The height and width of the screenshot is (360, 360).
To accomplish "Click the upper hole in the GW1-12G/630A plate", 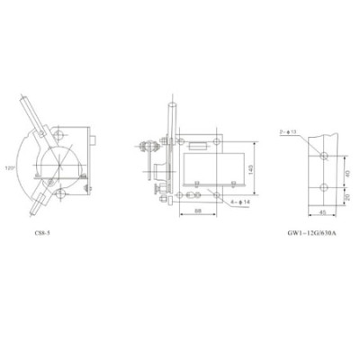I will pyautogui.click(x=324, y=156).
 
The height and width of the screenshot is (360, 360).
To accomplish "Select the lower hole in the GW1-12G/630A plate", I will pyautogui.click(x=324, y=188).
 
